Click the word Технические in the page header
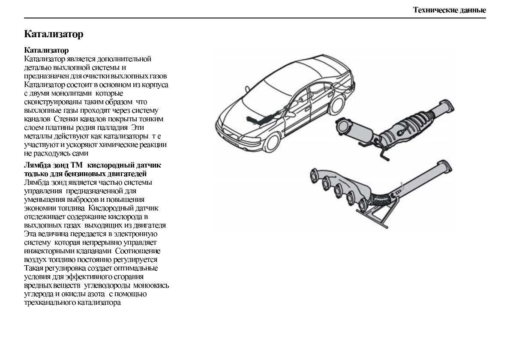432,10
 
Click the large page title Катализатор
54,34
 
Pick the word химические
127,144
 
